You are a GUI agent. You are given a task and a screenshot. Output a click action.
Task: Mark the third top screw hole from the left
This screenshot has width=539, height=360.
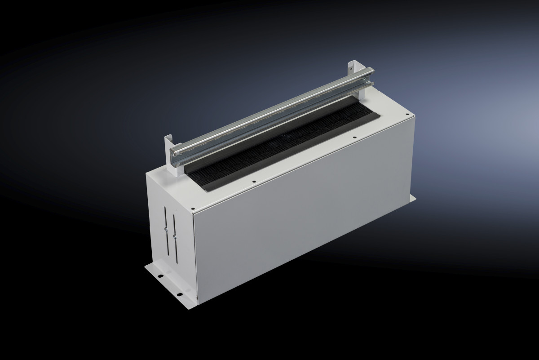point(354,137)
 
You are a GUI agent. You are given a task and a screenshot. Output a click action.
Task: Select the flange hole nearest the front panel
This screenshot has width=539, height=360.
point(179,294)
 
